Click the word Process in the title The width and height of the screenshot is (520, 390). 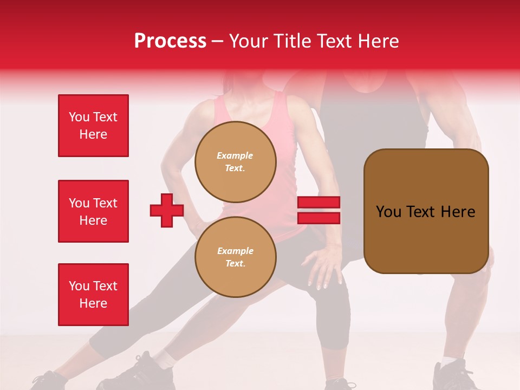click(170, 41)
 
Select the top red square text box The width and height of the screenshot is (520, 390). click(93, 126)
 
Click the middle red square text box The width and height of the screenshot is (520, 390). click(93, 211)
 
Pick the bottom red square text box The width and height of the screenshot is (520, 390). click(93, 295)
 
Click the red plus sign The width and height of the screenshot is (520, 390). click(167, 210)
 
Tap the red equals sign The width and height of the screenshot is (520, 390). click(318, 210)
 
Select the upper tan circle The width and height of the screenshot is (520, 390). click(236, 162)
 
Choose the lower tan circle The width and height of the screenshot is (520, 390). click(236, 257)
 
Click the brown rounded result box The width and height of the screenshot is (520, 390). click(426, 211)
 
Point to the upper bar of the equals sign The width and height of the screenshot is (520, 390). click(318, 203)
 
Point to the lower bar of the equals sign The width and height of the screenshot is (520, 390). click(318, 218)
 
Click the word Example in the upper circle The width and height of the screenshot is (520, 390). click(235, 156)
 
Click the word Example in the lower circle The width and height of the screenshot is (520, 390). click(235, 251)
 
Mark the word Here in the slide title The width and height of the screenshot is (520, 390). click(376, 41)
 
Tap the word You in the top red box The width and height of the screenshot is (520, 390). click(79, 117)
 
